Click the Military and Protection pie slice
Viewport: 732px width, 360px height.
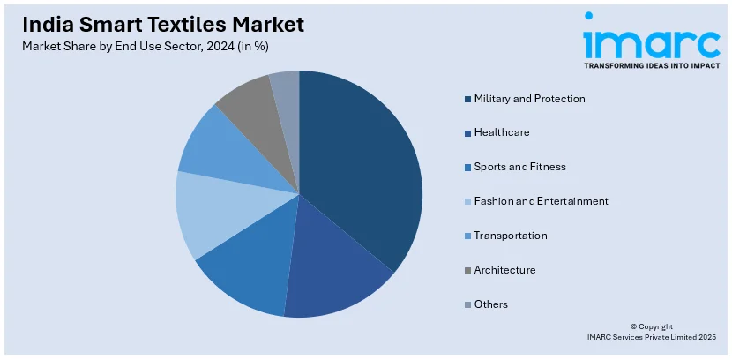(362, 168)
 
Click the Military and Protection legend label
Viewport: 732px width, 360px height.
(529, 99)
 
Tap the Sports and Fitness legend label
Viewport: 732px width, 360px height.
(519, 167)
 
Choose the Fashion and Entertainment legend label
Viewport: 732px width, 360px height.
(541, 201)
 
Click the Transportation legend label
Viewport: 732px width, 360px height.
(511, 236)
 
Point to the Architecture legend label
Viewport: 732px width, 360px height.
(504, 270)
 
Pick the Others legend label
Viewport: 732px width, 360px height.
(490, 304)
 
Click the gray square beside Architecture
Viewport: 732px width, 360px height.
(467, 270)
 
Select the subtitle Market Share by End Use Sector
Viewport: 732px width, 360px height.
(146, 47)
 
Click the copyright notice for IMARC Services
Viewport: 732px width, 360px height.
(652, 332)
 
